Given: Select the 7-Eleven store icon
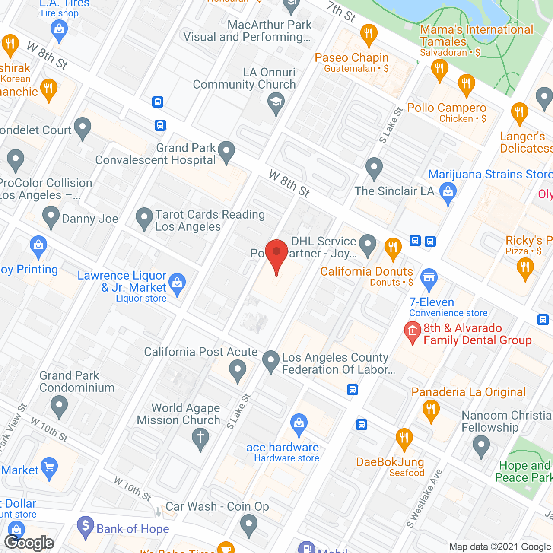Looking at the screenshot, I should point(429,279).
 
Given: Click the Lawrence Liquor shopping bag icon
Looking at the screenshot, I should point(177,283).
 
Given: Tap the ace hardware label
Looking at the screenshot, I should point(283,448).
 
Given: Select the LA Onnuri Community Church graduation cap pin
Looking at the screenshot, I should point(276,104).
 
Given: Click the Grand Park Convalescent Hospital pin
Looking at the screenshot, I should point(226,151).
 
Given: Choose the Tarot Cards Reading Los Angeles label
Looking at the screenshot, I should point(210,220).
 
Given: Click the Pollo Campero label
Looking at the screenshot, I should point(447,108).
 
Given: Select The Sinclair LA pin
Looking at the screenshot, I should point(374,168).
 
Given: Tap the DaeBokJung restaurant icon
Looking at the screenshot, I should point(404,439).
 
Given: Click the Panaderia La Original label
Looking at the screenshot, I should point(468,392).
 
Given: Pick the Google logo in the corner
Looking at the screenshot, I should point(29,543).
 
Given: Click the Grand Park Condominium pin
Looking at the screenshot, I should point(59,406).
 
